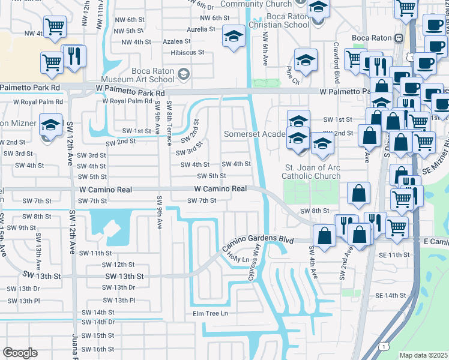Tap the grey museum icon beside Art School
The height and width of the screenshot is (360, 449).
click(x=184, y=74)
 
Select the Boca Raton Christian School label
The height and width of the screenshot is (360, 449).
click(x=279, y=21)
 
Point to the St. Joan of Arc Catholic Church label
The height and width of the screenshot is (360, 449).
click(x=312, y=172)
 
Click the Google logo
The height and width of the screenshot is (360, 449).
click(x=20, y=353)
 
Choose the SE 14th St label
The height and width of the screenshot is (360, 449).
click(x=391, y=296)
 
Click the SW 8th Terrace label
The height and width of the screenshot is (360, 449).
click(x=170, y=119)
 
